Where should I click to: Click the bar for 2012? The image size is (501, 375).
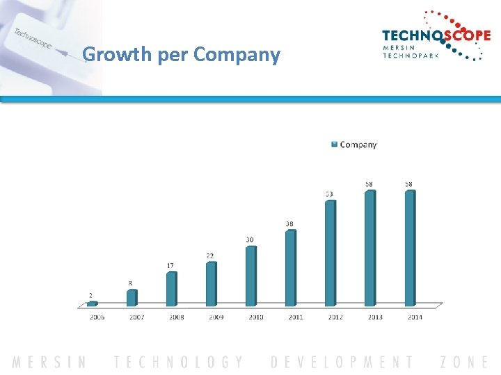(330, 253)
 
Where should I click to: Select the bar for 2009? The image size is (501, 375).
(211, 283)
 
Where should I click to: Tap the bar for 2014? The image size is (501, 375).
(410, 248)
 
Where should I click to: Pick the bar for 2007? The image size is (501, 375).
(132, 297)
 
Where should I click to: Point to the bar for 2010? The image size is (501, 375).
(250, 276)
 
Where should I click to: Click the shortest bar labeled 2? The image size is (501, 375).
(92, 303)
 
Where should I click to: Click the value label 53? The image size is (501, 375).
(329, 194)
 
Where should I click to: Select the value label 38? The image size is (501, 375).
(289, 224)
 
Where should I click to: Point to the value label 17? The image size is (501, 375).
(170, 265)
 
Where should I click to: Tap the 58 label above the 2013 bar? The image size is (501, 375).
(369, 184)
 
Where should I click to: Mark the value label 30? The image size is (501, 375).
(250, 240)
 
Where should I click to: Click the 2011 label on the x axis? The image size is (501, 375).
(295, 317)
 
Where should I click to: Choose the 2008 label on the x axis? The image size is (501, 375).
(177, 317)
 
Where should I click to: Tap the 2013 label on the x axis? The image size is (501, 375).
(374, 317)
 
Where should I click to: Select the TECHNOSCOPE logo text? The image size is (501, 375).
(436, 36)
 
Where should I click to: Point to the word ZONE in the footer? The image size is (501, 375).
(464, 362)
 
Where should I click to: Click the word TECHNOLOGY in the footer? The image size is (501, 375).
(179, 362)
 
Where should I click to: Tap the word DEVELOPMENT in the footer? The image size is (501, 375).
(342, 362)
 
